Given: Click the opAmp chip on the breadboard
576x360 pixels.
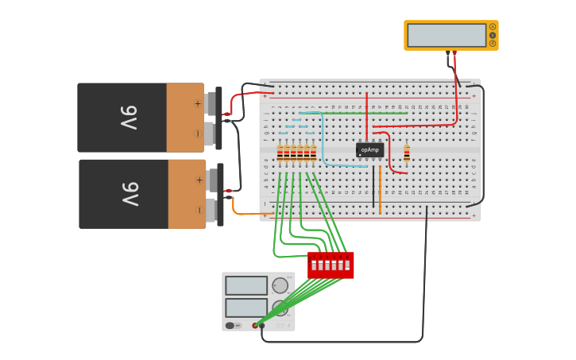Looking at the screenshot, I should click(x=369, y=149).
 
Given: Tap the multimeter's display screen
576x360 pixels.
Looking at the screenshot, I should click(x=446, y=35).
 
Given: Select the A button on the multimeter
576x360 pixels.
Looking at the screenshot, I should click(x=493, y=27).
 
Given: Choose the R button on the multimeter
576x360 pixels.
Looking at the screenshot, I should click(x=493, y=43).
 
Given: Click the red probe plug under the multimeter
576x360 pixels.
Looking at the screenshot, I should click(x=454, y=54).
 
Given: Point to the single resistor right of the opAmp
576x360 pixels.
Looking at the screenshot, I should click(x=407, y=152).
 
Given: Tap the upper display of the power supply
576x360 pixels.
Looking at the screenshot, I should click(x=245, y=285).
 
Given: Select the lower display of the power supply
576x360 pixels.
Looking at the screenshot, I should click(x=245, y=308).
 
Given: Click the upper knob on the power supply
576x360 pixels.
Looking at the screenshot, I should click(x=280, y=285).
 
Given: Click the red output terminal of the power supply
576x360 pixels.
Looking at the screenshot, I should click(x=256, y=325).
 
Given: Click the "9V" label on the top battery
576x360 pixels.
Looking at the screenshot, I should click(x=130, y=118).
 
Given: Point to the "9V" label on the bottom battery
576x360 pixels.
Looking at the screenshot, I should click(x=130, y=194).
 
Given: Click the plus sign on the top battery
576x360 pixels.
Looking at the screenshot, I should click(x=198, y=103).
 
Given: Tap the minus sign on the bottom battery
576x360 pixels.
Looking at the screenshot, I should click(x=199, y=210).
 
